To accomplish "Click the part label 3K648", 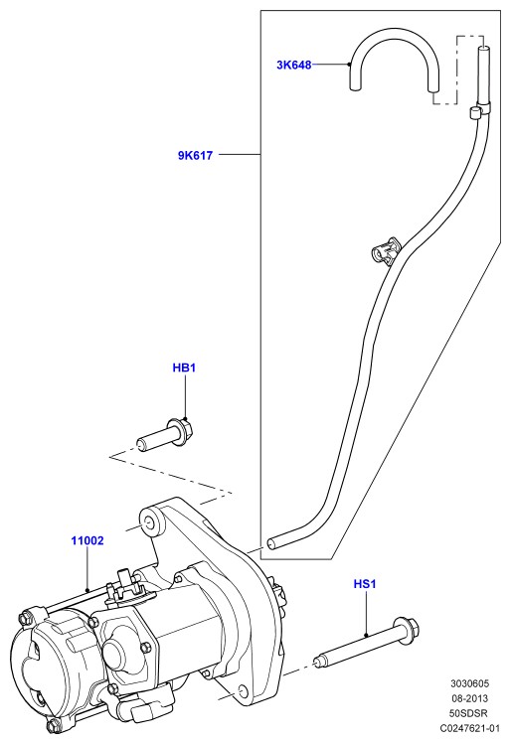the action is point(294,65).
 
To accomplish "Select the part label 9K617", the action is point(195,155).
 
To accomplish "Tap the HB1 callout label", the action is point(184,368).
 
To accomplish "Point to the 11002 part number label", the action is point(87,540).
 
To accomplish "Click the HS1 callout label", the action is point(365,584).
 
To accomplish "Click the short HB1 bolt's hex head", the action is point(184,431).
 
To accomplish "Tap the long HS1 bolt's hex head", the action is point(409,630).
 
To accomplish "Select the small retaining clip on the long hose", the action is point(386,249).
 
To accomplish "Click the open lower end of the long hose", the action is point(271,542).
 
